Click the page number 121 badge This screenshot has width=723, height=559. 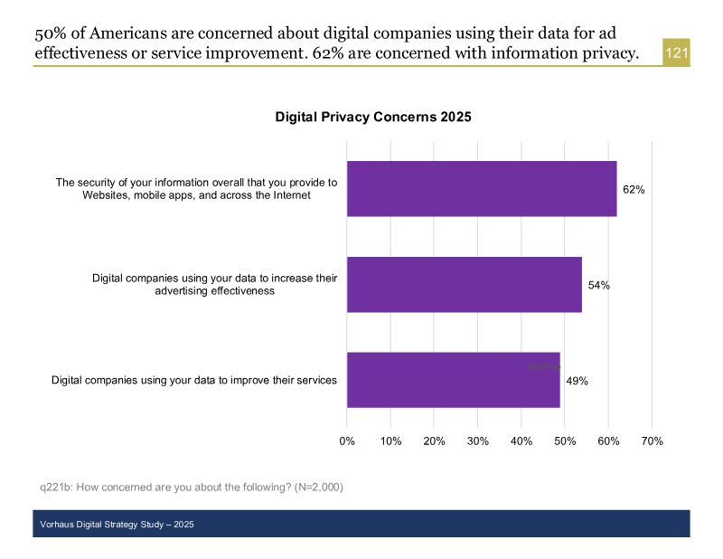click(x=677, y=53)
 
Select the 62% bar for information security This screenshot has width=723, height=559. click(x=482, y=189)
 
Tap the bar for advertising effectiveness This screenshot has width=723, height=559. click(x=464, y=285)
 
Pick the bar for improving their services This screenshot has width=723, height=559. click(x=453, y=380)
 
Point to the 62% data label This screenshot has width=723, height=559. click(x=634, y=190)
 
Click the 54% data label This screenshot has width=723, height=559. click(x=598, y=285)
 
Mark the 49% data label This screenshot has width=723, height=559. click(x=577, y=381)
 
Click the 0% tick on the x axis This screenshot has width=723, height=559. click(x=347, y=441)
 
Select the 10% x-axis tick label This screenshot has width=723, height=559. click(x=390, y=441)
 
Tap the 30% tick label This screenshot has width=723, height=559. click(x=477, y=441)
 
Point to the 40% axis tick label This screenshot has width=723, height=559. click(x=521, y=441)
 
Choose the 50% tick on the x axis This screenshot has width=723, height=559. click(x=564, y=441)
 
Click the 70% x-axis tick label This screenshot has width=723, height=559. click(x=652, y=441)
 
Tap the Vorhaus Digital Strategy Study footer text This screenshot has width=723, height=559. click(x=117, y=525)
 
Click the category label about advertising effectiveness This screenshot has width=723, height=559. click(x=214, y=284)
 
